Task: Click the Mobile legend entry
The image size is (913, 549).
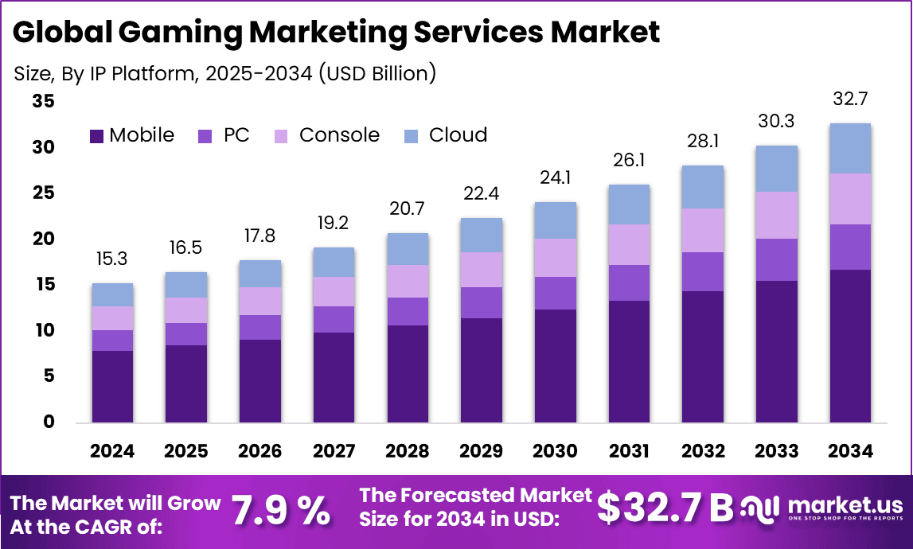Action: [x=132, y=135]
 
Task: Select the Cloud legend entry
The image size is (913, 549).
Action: [x=447, y=135]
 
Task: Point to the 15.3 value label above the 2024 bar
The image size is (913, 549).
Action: [x=112, y=259]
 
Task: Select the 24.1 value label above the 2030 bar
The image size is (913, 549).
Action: [x=555, y=178]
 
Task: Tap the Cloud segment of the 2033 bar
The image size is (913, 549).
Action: [x=776, y=169]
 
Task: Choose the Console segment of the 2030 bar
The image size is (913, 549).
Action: [x=555, y=258]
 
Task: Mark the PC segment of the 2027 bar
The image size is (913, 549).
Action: [x=334, y=319]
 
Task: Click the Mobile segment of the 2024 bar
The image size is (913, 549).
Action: [x=112, y=386]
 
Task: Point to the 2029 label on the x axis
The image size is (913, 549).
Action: [x=481, y=451]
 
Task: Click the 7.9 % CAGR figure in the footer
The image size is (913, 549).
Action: [x=279, y=510]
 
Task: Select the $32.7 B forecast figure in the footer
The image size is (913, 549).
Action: [x=665, y=508]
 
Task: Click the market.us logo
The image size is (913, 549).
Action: [x=825, y=508]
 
